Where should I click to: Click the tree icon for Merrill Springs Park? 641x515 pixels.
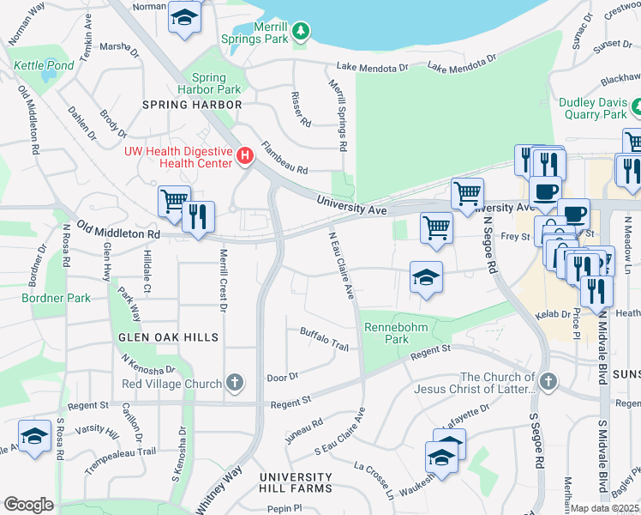301,33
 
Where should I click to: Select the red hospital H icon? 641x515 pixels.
246,155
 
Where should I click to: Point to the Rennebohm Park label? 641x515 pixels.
386,333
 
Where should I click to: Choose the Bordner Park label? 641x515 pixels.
56,298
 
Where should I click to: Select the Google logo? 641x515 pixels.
28,505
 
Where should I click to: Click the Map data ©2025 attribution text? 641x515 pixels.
605,508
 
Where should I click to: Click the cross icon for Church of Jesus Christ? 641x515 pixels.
548,379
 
